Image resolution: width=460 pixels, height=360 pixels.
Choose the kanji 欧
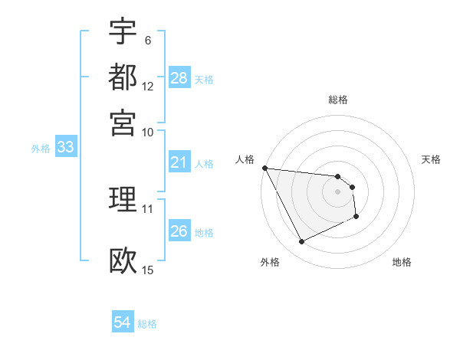[123, 260]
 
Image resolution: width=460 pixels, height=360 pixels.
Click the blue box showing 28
[179, 78]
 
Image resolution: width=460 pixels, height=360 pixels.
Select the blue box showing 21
[179, 162]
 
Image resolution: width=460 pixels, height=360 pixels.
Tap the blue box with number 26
[179, 231]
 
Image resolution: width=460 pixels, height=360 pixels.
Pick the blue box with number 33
[65, 148]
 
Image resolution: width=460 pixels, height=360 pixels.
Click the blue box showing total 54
[123, 322]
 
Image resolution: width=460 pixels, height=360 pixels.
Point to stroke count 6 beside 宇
[148, 40]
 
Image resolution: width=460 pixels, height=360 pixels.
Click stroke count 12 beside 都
[148, 87]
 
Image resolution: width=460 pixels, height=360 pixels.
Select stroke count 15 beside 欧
[148, 270]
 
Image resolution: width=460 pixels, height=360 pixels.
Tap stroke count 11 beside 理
[148, 208]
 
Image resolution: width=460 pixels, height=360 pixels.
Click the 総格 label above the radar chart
[337, 100]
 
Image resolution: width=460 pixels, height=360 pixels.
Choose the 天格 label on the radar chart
[432, 159]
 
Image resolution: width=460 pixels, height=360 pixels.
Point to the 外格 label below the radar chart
[270, 262]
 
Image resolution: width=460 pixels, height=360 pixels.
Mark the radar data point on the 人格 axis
[264, 168]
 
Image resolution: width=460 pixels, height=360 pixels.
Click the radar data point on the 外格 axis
[301, 242]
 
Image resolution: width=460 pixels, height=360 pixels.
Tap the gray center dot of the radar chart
[337, 191]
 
